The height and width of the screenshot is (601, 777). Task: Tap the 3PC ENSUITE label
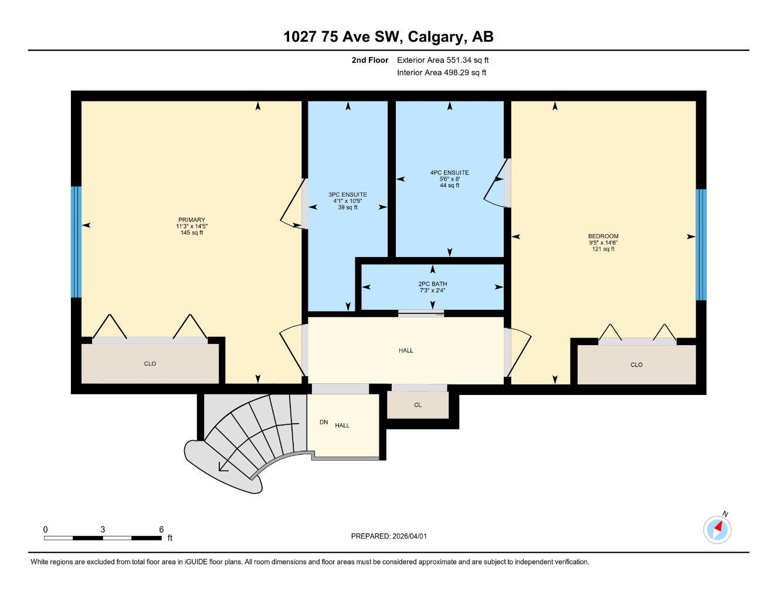(347, 195)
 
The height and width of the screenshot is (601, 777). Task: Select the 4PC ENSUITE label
(449, 173)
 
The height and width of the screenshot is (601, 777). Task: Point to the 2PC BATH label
(433, 284)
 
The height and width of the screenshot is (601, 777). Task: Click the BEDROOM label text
(603, 237)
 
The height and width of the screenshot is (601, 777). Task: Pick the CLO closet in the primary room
(150, 364)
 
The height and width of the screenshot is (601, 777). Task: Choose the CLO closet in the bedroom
(636, 365)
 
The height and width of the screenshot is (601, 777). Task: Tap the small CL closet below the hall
(418, 405)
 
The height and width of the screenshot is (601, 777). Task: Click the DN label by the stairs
(324, 423)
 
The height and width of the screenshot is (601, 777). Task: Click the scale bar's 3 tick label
(103, 529)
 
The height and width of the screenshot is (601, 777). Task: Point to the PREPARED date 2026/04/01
(393, 536)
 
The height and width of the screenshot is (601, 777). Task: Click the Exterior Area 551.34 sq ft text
(443, 60)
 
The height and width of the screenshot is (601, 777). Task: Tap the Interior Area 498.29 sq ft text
(442, 73)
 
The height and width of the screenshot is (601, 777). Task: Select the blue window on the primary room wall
(76, 242)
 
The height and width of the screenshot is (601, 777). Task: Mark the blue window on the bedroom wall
(701, 244)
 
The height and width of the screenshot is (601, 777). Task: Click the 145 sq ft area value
(192, 233)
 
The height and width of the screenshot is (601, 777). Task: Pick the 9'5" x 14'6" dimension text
(603, 243)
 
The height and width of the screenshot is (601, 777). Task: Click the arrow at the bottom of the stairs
(223, 467)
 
